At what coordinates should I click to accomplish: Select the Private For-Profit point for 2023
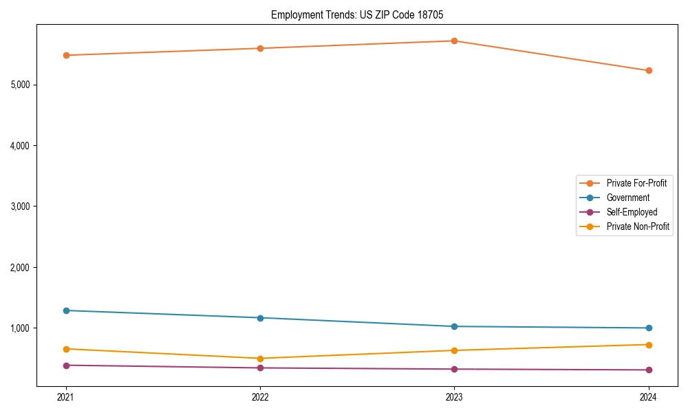(x=454, y=41)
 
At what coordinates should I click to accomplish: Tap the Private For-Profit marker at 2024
(x=648, y=70)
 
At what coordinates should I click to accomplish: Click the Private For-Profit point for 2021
(x=66, y=55)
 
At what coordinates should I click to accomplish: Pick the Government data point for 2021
(x=66, y=310)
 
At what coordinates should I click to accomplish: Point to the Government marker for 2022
(x=260, y=318)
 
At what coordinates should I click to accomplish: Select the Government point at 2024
(x=648, y=328)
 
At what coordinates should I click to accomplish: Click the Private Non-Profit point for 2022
(x=260, y=359)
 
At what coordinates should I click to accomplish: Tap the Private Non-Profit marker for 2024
(x=648, y=345)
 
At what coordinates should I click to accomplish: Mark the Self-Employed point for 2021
(x=66, y=366)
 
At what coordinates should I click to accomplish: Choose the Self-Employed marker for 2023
(x=454, y=369)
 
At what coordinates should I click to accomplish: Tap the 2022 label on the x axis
(x=260, y=396)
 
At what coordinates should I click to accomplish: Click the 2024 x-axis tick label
(x=648, y=396)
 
